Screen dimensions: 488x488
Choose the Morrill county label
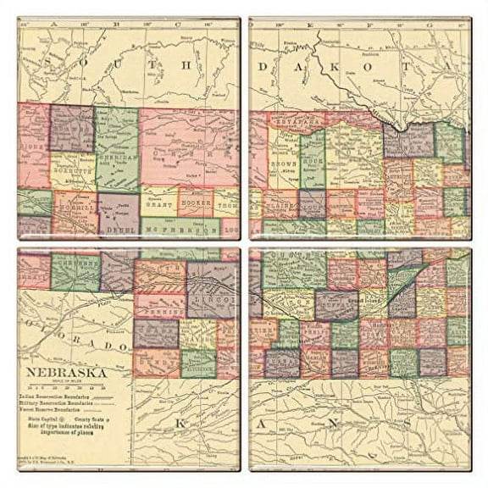pyautogui.click(x=75, y=206)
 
